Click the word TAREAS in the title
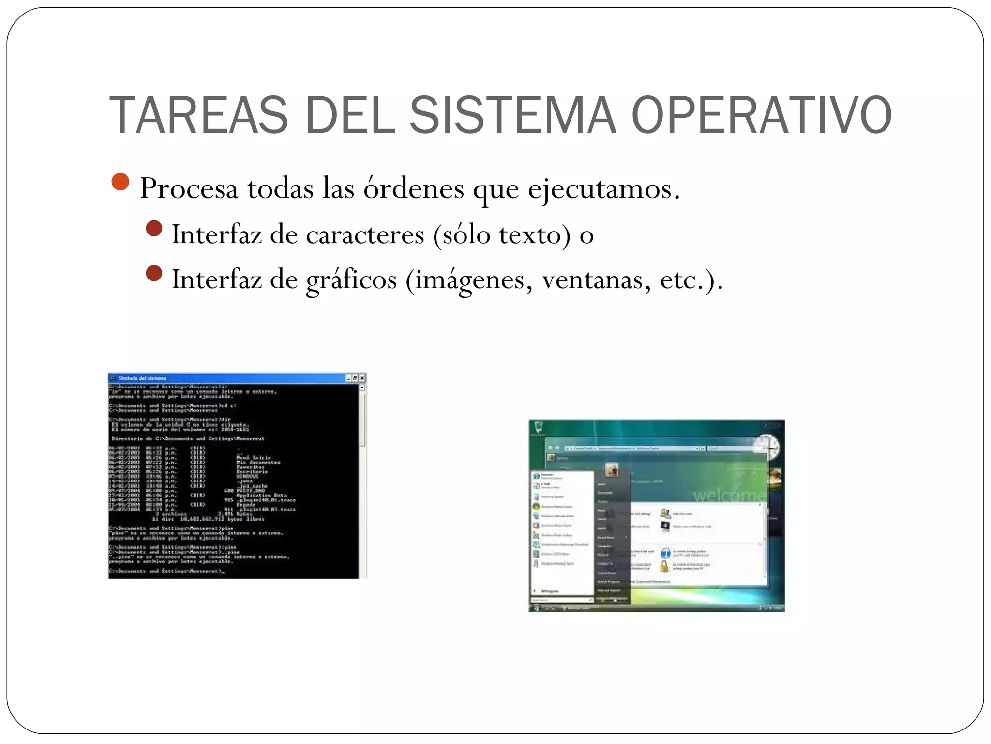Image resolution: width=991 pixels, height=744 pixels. [199, 115]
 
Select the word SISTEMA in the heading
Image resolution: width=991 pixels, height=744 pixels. [513, 115]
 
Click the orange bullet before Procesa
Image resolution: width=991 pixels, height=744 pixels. [120, 182]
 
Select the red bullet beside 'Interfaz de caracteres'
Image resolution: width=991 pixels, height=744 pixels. [154, 228]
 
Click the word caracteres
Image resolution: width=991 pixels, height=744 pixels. [365, 235]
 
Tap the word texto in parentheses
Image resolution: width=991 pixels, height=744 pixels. [530, 235]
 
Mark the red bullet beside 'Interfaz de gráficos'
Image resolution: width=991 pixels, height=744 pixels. [154, 273]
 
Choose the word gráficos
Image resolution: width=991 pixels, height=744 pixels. [351, 280]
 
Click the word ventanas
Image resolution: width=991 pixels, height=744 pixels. [597, 280]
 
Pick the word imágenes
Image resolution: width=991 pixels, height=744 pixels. [469, 280]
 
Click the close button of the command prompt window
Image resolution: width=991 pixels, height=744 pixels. [363, 378]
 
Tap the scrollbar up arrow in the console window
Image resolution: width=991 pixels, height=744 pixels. [363, 387]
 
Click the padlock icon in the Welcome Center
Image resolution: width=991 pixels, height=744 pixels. [664, 566]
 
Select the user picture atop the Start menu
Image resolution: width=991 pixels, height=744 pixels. [612, 469]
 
